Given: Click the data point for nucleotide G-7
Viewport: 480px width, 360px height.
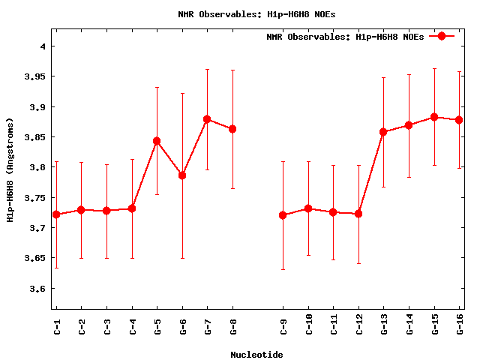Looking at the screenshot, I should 207,119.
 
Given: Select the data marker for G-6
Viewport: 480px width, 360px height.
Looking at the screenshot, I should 182,175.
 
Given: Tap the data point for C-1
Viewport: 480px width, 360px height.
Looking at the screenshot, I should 56,214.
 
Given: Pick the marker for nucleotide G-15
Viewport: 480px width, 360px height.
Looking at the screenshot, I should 434,117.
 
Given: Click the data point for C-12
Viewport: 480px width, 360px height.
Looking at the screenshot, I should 358,214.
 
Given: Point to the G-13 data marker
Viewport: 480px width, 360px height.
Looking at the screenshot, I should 384,132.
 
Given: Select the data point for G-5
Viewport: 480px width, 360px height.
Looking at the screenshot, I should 157,141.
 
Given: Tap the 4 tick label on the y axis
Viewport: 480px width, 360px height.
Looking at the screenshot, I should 43,46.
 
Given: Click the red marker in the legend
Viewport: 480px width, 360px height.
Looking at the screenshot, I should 442,36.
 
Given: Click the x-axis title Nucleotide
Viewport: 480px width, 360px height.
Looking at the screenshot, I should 256,355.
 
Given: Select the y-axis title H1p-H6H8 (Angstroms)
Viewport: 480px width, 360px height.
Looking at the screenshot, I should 10,169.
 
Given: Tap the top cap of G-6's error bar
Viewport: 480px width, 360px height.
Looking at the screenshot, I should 182,94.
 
